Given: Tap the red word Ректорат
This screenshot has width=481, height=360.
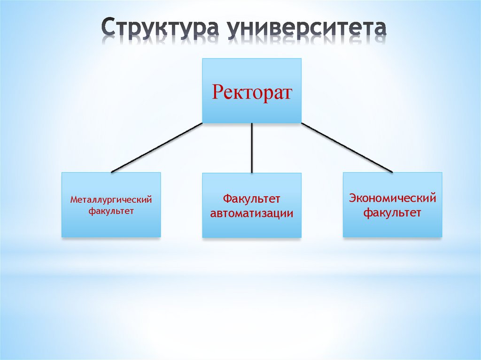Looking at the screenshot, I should [x=252, y=92].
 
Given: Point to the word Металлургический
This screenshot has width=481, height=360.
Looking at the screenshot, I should [x=111, y=200].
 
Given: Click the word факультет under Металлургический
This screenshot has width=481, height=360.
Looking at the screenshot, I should [x=111, y=211].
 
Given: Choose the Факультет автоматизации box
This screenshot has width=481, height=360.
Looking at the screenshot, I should [x=252, y=225].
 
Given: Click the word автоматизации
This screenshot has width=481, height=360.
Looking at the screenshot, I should [x=252, y=214].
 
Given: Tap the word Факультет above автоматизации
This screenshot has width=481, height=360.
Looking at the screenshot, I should [x=252, y=199].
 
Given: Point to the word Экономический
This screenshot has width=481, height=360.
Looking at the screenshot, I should [x=392, y=198].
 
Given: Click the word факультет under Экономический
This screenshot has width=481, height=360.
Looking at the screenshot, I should [x=392, y=213].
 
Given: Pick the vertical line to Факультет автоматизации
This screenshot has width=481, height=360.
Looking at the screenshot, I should [x=252, y=148].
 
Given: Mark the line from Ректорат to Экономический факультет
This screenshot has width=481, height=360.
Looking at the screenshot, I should [x=347, y=148].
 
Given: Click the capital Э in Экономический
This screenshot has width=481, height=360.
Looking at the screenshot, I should [x=352, y=198].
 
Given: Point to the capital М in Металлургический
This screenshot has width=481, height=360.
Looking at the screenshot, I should [x=74, y=200].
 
